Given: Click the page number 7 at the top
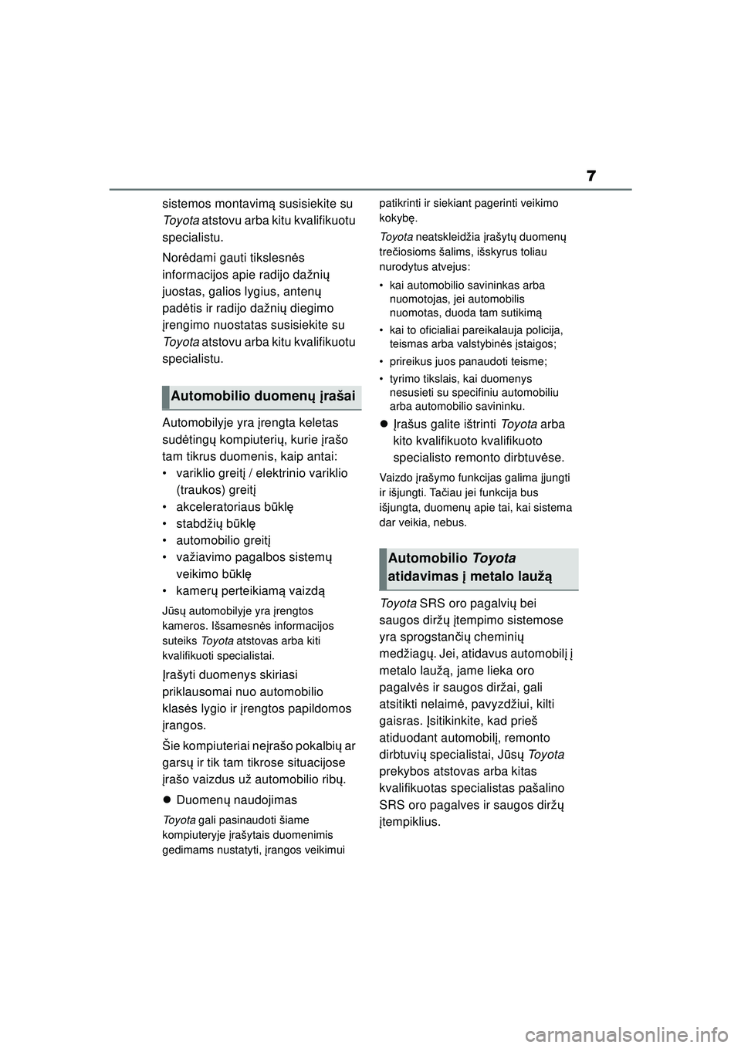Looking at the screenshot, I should click(x=590, y=176).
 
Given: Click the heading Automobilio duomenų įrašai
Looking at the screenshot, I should click(x=262, y=396).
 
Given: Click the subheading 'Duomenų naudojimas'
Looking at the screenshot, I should click(x=236, y=800).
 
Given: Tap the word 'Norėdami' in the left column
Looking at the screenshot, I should click(x=189, y=257).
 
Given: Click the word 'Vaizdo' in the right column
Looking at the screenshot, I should click(x=394, y=477).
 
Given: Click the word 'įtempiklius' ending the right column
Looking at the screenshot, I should click(x=411, y=822).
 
